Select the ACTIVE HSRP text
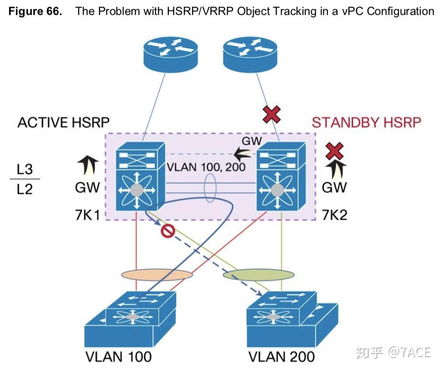[63, 123]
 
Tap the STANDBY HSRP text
[366, 123]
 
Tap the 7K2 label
[335, 214]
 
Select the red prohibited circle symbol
[167, 232]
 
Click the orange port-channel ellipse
[157, 275]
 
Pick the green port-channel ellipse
[259, 275]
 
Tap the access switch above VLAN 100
[131, 320]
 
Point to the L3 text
[25, 169]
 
